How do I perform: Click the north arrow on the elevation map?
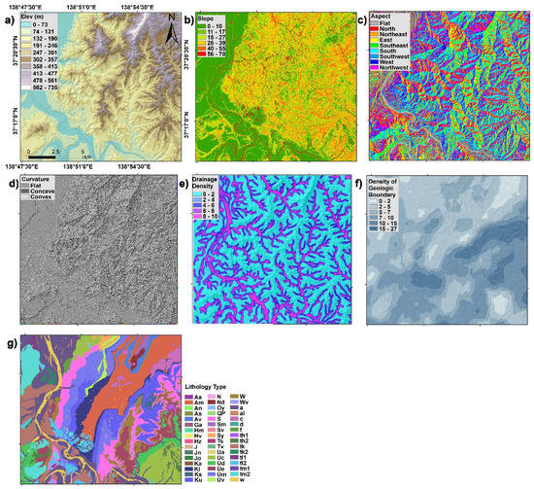coord(171,33)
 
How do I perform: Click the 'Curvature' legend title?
coord(38,180)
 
